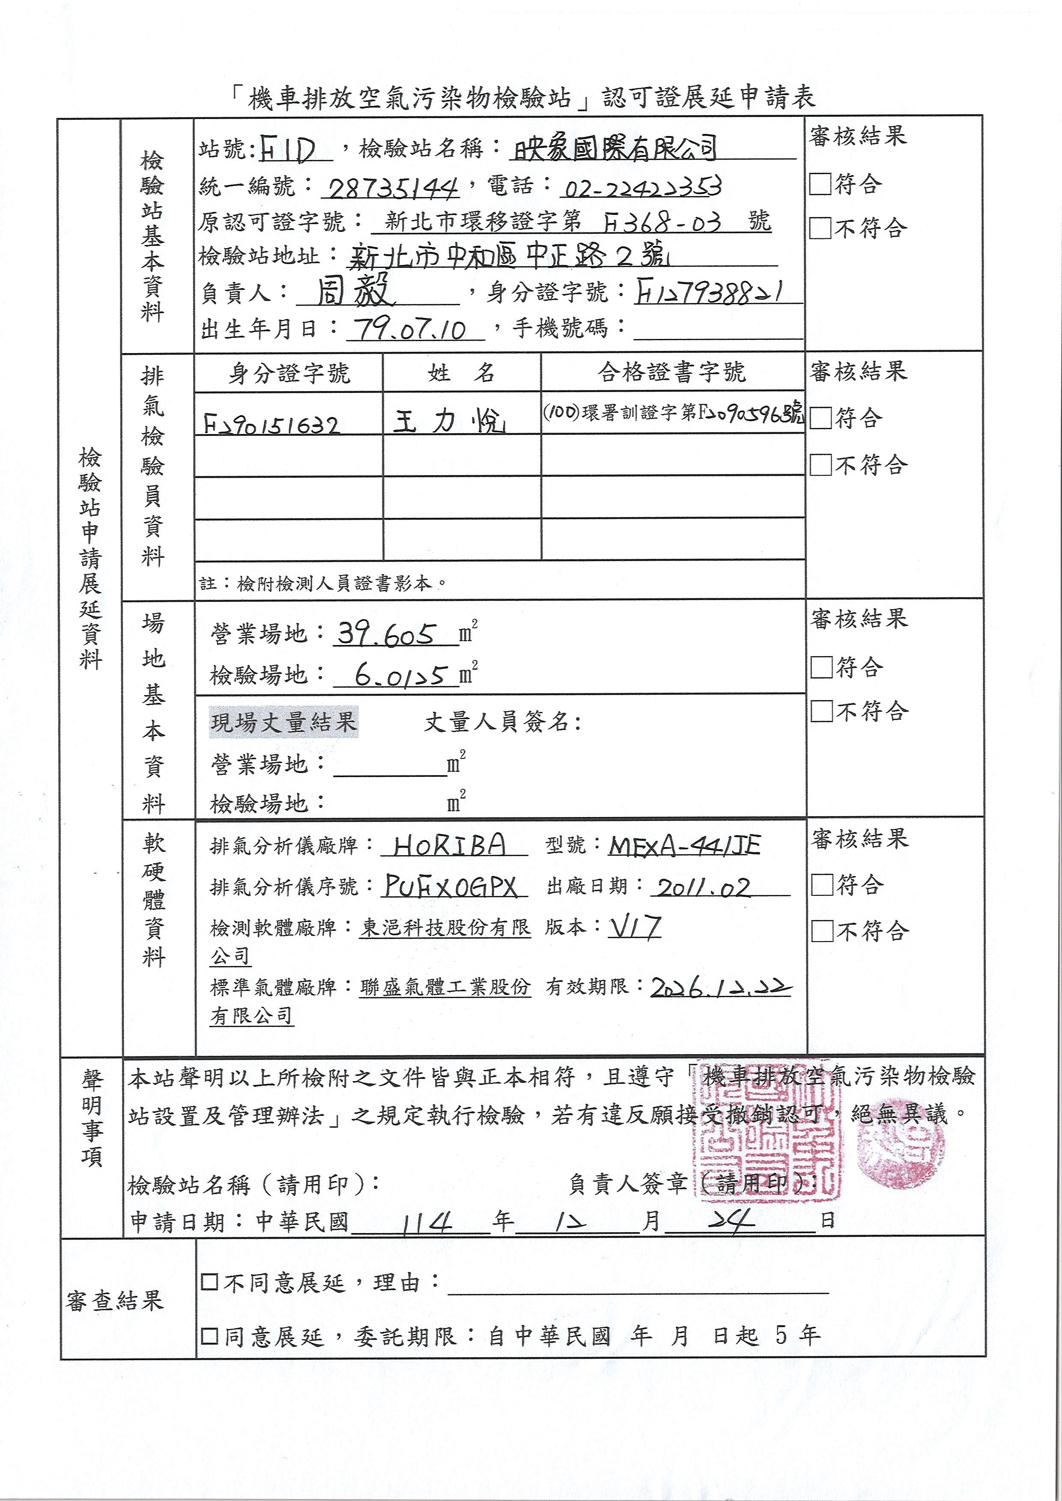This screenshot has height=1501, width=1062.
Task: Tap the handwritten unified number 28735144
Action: pyautogui.click(x=392, y=189)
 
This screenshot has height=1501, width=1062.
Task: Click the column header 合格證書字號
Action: pyautogui.click(x=671, y=373)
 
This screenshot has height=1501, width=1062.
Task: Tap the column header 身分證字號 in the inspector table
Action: pyautogui.click(x=289, y=373)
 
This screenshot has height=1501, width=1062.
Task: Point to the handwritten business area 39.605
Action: pyautogui.click(x=386, y=633)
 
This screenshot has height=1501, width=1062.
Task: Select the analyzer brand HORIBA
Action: pyautogui.click(x=450, y=845)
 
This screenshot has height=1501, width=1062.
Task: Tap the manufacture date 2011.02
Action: pyautogui.click(x=704, y=888)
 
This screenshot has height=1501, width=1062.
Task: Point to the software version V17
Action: pyautogui.click(x=635, y=927)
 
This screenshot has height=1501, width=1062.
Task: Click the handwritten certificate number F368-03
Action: pyautogui.click(x=661, y=223)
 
